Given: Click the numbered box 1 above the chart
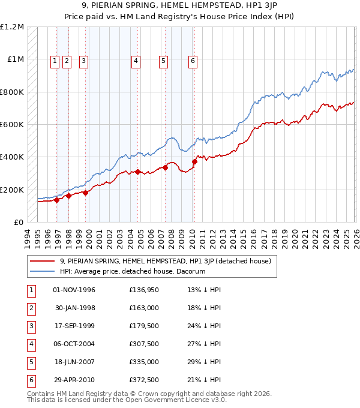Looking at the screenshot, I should coord(55,60).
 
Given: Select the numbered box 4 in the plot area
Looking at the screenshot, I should coord(136,60).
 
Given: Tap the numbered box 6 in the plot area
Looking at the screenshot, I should coord(193,60).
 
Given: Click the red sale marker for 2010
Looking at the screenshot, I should coord(194,161).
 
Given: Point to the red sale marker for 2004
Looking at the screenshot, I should coord(138,172).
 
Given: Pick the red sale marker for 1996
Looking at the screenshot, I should coord(57,200).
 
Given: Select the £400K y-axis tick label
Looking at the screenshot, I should coord(13,157).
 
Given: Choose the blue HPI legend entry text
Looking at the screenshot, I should coord(133,271).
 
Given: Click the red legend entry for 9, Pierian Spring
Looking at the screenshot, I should coord(166,261).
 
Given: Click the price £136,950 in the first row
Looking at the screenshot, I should coord(144,290).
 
